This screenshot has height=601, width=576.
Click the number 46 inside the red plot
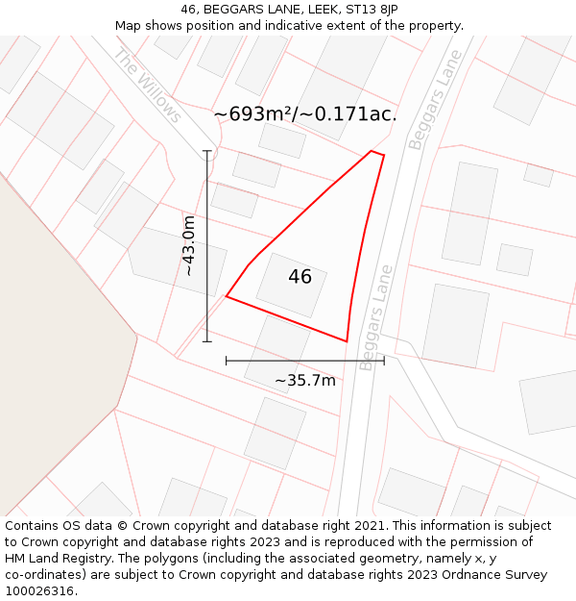pos(300,277)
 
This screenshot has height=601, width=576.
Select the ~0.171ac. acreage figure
pos(347,114)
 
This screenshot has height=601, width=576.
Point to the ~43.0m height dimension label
pos(189,246)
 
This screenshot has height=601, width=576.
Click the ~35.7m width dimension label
pos(305,380)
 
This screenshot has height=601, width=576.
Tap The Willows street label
pos(147,86)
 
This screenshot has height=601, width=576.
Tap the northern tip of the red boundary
pos(372,151)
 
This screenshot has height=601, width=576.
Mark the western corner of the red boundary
pos(227,296)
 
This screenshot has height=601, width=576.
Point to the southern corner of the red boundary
pos(347,340)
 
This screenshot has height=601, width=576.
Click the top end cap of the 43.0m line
pos(207,151)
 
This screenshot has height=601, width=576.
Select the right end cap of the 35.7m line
pos(384,361)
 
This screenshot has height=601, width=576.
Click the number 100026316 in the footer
pos(39,591)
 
